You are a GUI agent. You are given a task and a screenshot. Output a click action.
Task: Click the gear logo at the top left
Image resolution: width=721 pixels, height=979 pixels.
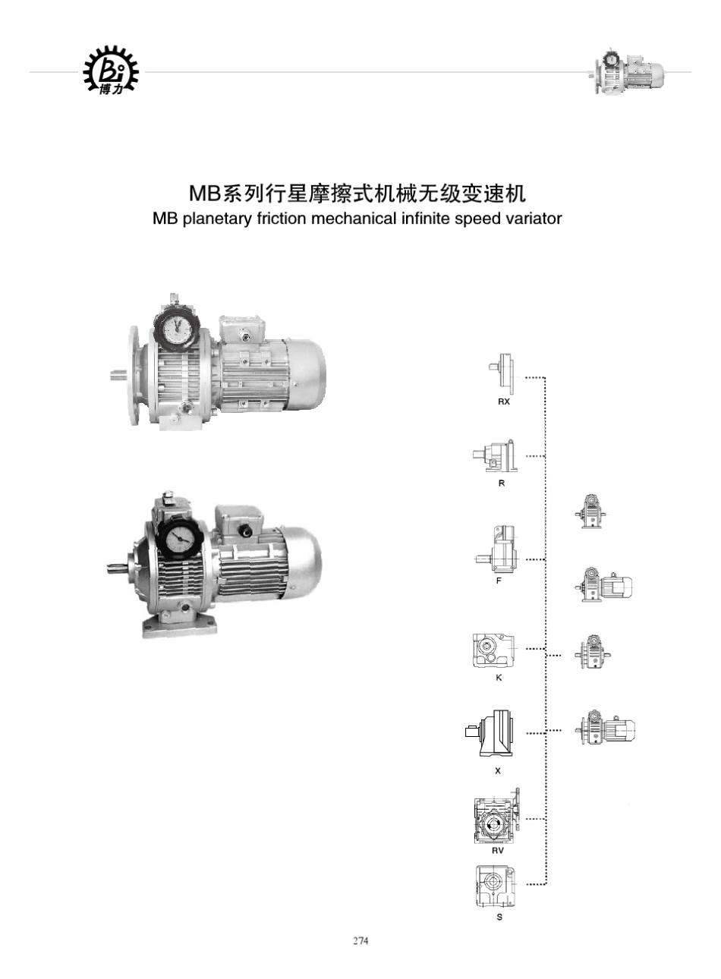pos(111,71)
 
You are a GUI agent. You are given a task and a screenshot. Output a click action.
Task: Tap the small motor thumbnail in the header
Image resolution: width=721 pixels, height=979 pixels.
pos(628,73)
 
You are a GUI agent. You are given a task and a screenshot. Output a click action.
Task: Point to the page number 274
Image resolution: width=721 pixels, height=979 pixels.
pos(360,941)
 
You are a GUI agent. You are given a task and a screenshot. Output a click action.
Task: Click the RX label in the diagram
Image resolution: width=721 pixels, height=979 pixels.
pos(504,401)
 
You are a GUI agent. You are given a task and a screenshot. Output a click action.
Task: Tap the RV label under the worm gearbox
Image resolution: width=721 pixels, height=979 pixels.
pos(498,851)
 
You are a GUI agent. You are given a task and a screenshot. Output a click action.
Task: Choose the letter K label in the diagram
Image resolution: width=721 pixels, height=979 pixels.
pos(499,678)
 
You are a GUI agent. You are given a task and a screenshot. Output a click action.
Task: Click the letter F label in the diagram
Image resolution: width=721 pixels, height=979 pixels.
pos(499,581)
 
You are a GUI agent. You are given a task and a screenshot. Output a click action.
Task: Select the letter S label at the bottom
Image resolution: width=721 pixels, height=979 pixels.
pos(499,917)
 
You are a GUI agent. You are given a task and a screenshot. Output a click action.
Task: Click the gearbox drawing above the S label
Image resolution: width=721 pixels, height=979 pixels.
pos(495,886)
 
